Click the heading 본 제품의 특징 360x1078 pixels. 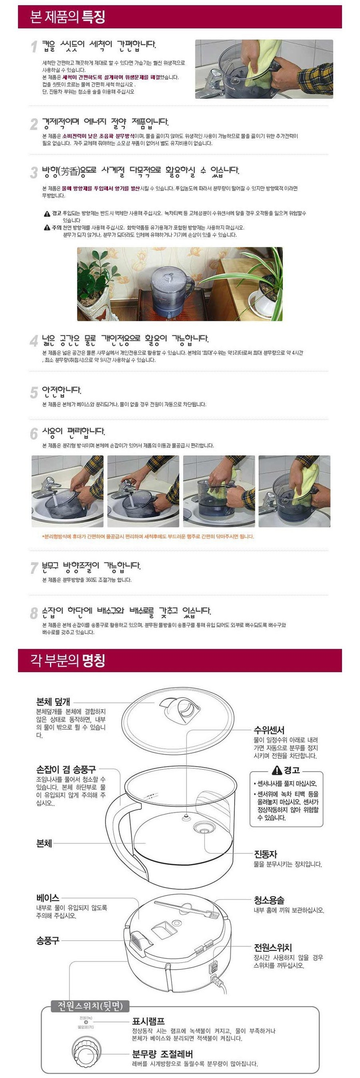[67, 17]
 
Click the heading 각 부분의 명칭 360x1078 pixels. [67, 660]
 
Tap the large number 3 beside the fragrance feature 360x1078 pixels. [34, 172]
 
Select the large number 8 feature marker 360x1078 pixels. [34, 613]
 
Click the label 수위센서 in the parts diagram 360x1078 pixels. [269, 730]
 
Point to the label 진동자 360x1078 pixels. [265, 855]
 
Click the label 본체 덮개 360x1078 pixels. [53, 702]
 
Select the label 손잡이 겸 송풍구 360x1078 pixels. [66, 769]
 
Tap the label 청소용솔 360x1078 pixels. [269, 900]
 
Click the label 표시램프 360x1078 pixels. [148, 1021]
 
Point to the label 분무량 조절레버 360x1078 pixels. [162, 1054]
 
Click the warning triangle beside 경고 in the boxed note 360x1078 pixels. [277, 770]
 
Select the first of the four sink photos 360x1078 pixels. [67, 491]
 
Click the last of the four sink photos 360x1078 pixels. [294, 491]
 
